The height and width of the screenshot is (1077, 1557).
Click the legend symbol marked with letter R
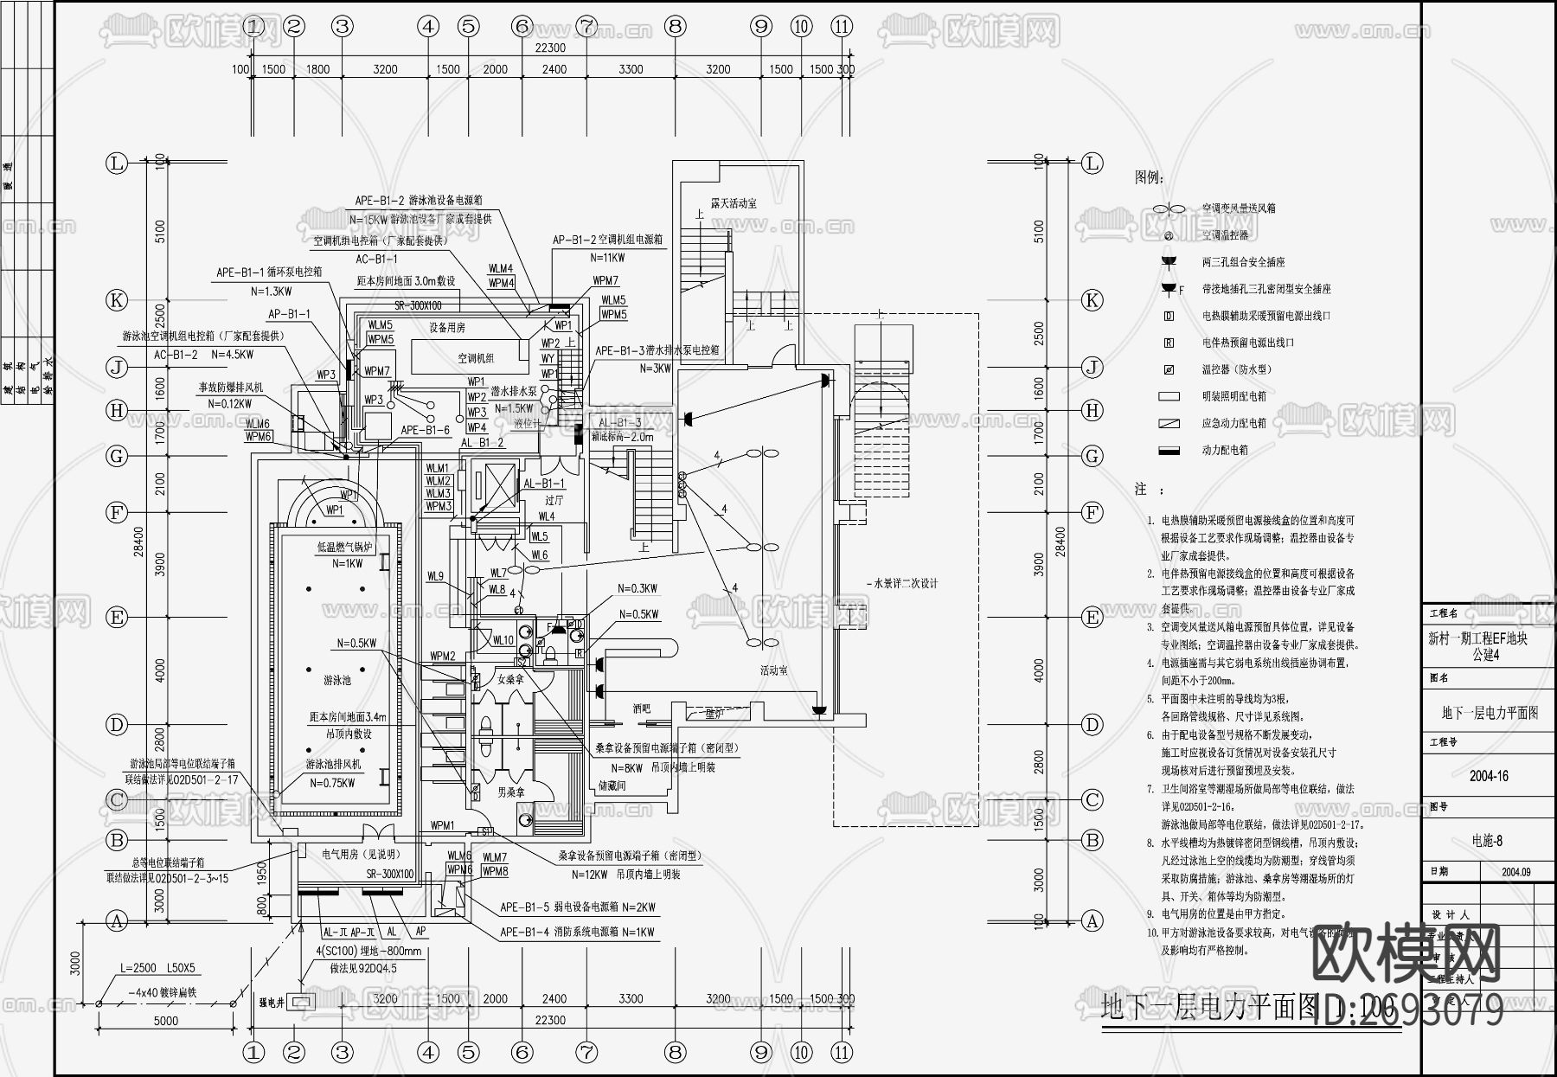click(1169, 343)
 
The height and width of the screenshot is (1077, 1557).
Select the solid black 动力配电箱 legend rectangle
click(1169, 451)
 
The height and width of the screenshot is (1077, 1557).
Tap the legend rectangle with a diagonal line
click(1169, 424)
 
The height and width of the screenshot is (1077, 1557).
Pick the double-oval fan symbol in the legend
click(1169, 208)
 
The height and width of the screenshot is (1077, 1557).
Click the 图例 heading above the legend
click(1149, 177)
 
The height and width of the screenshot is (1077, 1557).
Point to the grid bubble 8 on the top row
click(676, 27)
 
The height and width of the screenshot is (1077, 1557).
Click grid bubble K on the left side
click(117, 301)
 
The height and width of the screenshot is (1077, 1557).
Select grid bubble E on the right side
click(1092, 618)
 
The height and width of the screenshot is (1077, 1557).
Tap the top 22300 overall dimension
click(550, 48)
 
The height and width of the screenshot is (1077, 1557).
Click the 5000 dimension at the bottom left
click(166, 1021)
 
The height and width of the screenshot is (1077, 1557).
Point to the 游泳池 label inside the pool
click(337, 681)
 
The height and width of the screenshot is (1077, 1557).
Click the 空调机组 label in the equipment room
click(477, 358)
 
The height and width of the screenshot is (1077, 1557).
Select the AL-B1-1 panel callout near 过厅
click(543, 484)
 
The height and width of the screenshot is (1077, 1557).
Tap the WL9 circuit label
click(435, 576)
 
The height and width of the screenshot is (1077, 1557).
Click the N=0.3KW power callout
click(638, 588)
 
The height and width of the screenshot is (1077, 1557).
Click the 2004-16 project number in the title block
click(1488, 776)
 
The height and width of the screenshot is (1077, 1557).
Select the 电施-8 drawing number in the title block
click(1487, 841)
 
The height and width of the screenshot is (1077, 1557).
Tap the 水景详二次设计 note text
click(903, 584)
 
